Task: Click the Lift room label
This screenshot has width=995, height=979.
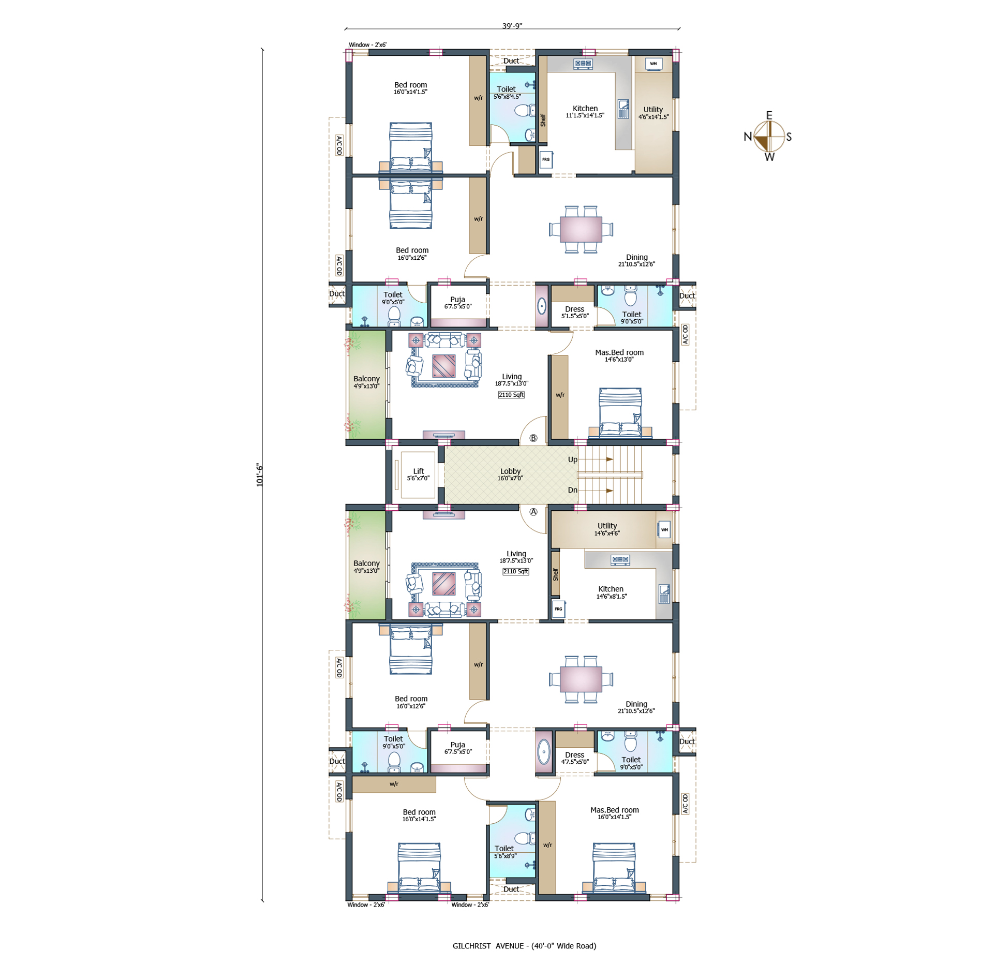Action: coord(418,474)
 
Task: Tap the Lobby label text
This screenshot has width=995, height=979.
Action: coord(510,474)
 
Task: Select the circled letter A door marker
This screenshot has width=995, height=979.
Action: coord(533,512)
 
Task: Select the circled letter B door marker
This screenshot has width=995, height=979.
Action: coord(533,438)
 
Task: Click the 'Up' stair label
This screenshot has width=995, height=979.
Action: coord(573,459)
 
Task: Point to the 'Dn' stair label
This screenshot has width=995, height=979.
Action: coord(573,490)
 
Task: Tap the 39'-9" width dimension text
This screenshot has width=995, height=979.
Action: coord(512,26)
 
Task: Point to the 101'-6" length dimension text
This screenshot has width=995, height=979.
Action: coord(260,475)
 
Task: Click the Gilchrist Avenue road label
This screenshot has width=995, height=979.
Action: coord(524,946)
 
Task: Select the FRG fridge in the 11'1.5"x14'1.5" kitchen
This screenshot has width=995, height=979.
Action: coord(546,159)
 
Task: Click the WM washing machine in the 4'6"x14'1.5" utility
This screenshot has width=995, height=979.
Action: coord(654,64)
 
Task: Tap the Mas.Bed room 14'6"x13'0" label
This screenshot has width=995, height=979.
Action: coord(619,355)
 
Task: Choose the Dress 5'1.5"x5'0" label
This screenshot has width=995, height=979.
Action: coord(575,312)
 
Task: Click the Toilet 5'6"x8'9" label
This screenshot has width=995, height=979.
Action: coord(505,852)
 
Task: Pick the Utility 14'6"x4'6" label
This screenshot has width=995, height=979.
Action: coord(607,529)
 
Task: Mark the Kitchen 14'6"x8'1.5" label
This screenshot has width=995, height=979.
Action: coord(611,592)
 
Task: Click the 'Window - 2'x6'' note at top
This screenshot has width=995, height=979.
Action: coord(367,45)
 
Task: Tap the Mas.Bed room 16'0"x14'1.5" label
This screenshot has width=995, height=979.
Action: coord(615,813)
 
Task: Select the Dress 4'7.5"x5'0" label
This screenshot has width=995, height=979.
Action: coord(575,758)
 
